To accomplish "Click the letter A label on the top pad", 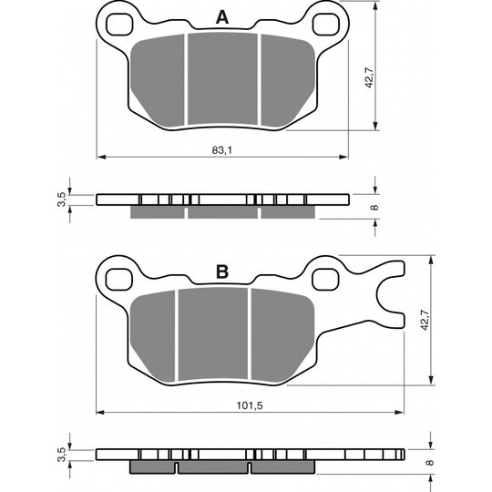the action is point(222,17).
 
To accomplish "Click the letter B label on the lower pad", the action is point(222,272).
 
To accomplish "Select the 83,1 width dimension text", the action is point(221,150).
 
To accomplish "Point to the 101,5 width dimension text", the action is point(250,405).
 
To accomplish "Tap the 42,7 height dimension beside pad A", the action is point(369,77).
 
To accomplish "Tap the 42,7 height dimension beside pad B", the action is point(425,320).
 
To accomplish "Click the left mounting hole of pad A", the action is point(119,25).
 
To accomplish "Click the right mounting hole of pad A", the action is point(326,25).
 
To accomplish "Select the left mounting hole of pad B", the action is point(119,280).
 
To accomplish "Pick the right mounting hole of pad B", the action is point(325,280).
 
